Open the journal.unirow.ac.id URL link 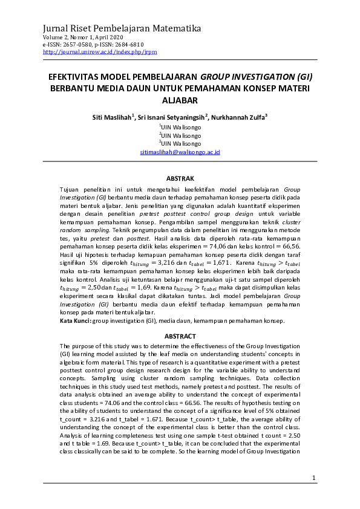(x=100, y=52)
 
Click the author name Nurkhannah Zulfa (x=240, y=117)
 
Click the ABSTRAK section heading (x=180, y=178)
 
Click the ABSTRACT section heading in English (x=180, y=336)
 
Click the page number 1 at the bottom (x=314, y=478)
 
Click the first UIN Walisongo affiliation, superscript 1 (x=180, y=128)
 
